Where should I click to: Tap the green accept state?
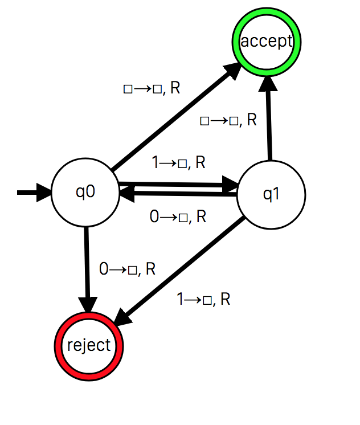coord(266,42)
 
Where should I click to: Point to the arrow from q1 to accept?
coord(268,122)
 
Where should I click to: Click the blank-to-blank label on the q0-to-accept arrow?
coord(152,88)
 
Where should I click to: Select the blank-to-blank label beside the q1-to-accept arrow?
coord(228,120)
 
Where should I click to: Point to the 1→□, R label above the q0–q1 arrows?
coord(178,162)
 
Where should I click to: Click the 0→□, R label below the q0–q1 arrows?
coord(177,216)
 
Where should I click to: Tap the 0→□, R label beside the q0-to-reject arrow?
coord(127,269)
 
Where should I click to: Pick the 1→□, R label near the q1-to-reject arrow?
coord(203,299)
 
